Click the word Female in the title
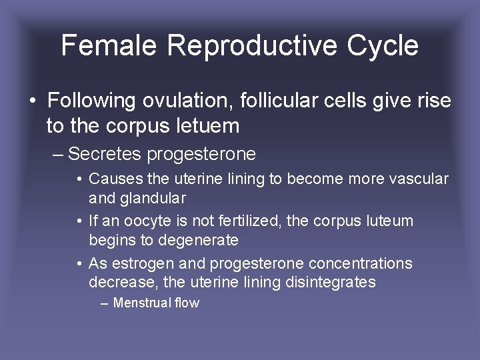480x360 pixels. [x=109, y=45]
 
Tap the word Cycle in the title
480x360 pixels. [x=383, y=45]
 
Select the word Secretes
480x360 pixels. [x=105, y=155]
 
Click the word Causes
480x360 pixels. [x=111, y=179]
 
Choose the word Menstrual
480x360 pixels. [x=140, y=303]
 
